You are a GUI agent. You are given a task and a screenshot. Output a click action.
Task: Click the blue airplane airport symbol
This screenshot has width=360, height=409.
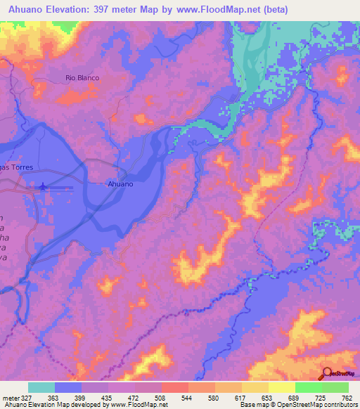pos(44,186)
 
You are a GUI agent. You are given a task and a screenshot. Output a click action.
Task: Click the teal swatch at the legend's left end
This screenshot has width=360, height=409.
pos(41,387)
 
